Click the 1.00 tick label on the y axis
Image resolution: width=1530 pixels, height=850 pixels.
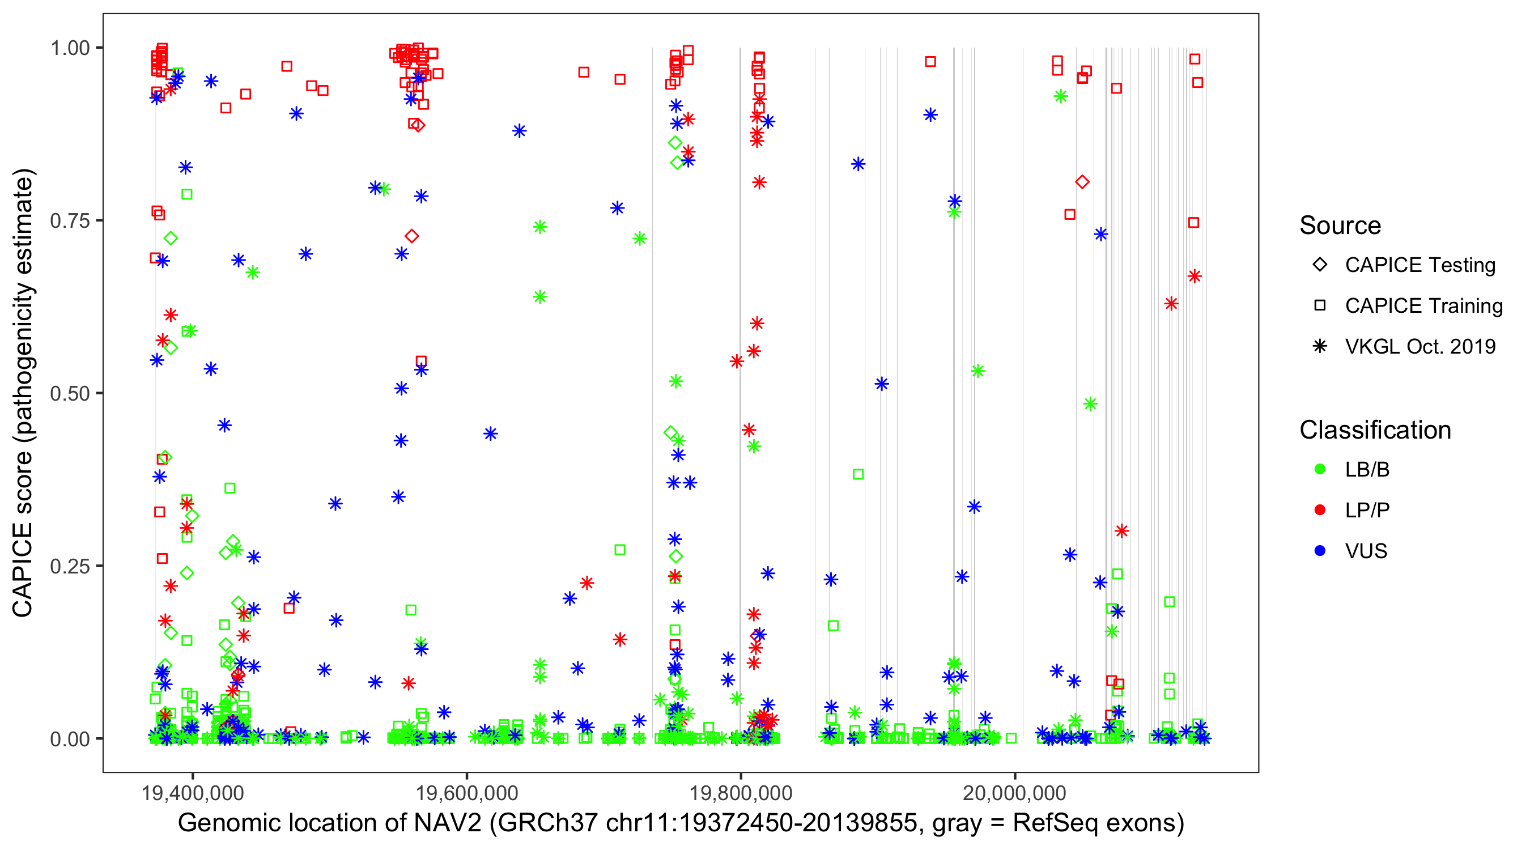pyautogui.click(x=70, y=48)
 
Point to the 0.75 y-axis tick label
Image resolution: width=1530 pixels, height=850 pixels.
pyautogui.click(x=70, y=220)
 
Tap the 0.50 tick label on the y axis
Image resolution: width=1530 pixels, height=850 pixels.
pyautogui.click(x=70, y=393)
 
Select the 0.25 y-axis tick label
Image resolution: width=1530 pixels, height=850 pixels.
pyautogui.click(x=70, y=566)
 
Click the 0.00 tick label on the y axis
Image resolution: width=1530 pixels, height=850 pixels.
pyautogui.click(x=70, y=739)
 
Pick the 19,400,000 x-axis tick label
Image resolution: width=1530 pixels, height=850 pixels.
pyautogui.click(x=193, y=793)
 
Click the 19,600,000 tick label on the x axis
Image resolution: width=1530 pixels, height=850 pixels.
pyautogui.click(x=467, y=793)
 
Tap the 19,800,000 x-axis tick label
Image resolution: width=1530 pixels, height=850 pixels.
pyautogui.click(x=741, y=793)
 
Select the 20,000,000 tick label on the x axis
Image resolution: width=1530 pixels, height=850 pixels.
pyautogui.click(x=1014, y=793)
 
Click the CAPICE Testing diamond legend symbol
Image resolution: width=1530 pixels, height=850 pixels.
pyautogui.click(x=1320, y=265)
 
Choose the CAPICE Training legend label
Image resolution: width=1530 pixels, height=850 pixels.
pyautogui.click(x=1423, y=306)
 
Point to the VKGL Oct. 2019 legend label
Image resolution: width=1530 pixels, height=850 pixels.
pyautogui.click(x=1420, y=347)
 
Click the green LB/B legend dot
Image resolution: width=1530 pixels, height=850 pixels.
pyautogui.click(x=1320, y=469)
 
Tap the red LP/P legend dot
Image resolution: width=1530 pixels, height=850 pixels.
pyautogui.click(x=1320, y=510)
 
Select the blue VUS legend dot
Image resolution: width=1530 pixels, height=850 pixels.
pyautogui.click(x=1320, y=551)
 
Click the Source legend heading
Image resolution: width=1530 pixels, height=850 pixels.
pyautogui.click(x=1340, y=226)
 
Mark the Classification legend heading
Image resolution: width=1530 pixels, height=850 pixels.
pyautogui.click(x=1375, y=430)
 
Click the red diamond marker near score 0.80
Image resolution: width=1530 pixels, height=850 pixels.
pyautogui.click(x=1082, y=182)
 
